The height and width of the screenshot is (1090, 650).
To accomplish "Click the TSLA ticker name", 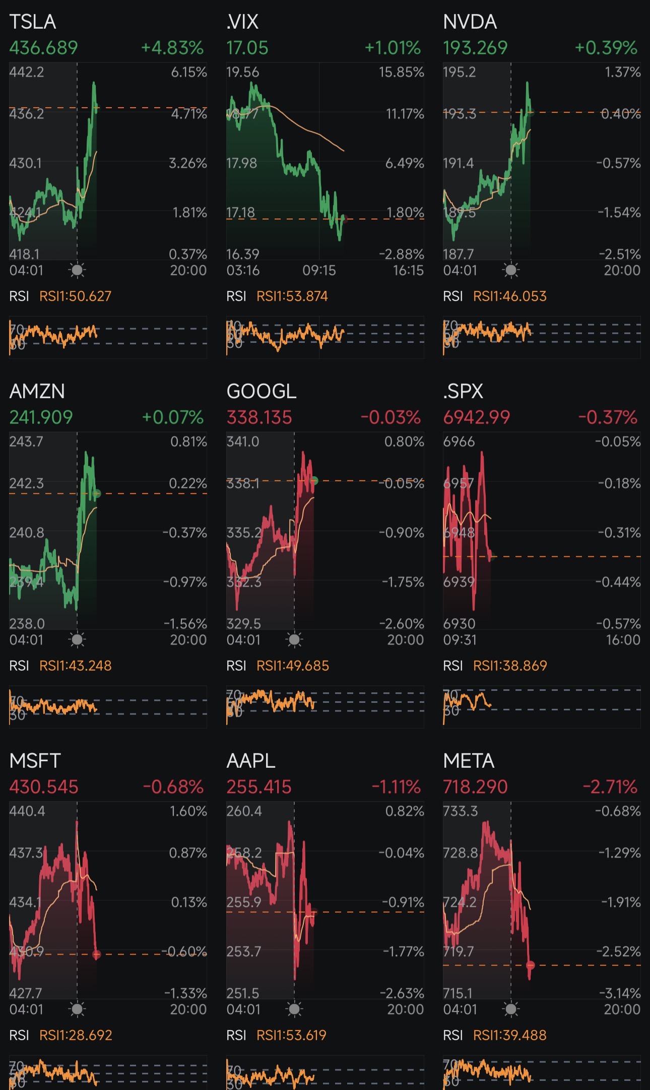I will point(32,22).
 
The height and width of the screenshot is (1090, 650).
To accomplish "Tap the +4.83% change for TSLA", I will point(172,48).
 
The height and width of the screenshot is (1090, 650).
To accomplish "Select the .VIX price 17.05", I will point(247,48).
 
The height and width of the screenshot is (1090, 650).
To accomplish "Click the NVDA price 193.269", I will point(475,48).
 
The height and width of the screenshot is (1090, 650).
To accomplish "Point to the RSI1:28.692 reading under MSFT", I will point(76,1035).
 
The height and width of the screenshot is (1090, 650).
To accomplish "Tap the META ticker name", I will point(468,761).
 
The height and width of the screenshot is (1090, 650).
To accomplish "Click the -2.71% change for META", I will point(610,787).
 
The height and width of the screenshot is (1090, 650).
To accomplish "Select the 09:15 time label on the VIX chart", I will point(319,271).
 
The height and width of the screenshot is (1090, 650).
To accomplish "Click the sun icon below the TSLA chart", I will point(77,270).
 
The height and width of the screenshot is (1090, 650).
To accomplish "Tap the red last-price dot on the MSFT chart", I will point(97,954).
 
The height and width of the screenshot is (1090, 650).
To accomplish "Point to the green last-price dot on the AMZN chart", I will point(97,493).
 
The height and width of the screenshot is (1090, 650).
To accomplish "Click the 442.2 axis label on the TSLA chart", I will point(27,72).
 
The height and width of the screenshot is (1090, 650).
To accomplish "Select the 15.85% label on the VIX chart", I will point(401,72).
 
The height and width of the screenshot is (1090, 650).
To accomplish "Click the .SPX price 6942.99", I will point(476,417).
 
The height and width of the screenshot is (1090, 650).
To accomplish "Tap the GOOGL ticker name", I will point(261,391).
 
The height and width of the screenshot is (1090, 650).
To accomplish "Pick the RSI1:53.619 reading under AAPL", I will point(291,1035).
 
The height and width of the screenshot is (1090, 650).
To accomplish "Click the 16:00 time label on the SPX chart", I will point(623,640).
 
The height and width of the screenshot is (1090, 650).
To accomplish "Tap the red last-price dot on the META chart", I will point(530,965).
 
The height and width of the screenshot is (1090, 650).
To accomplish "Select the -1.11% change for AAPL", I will point(396,787).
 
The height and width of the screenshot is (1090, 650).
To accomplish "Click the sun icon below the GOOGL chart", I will point(294,640).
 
